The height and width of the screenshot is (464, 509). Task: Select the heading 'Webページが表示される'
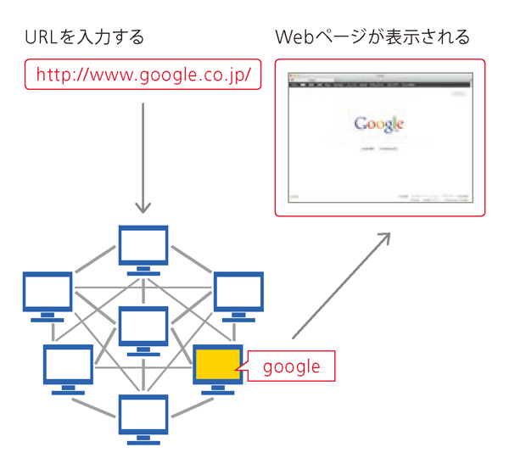(x=373, y=37)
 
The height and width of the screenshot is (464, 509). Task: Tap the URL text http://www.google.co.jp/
(x=143, y=75)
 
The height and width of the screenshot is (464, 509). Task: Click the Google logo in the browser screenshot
(x=378, y=125)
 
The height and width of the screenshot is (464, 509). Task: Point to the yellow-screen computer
(x=219, y=364)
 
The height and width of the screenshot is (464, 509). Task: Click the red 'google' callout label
(x=291, y=366)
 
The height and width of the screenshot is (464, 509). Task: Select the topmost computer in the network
(x=143, y=247)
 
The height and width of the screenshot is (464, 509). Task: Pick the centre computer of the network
(x=143, y=327)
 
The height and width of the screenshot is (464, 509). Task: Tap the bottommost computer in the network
(x=143, y=415)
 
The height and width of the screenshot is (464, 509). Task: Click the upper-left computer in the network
(x=48, y=293)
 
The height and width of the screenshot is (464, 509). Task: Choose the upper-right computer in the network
(x=238, y=293)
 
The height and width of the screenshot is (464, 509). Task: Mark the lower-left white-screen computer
(x=68, y=366)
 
